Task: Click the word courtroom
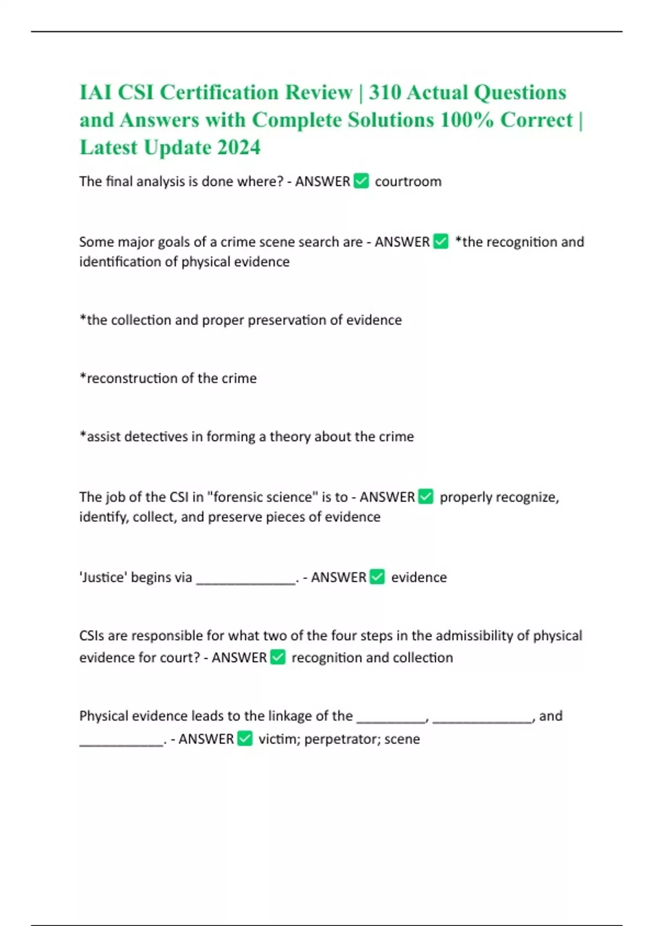[x=408, y=181]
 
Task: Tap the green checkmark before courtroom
[x=361, y=181]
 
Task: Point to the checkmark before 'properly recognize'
[x=426, y=497]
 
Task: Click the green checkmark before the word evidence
[x=377, y=577]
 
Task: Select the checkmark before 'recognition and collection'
[x=278, y=657]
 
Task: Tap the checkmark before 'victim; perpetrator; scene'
[x=245, y=739]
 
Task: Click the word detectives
[x=156, y=436]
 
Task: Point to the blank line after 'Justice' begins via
[x=245, y=578]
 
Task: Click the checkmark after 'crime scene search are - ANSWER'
[x=441, y=241]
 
